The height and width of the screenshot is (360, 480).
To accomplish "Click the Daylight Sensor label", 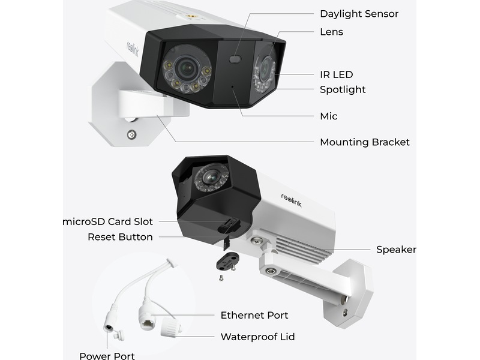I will click(359, 14).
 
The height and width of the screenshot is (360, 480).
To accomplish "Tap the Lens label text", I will click(331, 32).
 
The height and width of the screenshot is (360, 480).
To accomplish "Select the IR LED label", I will click(337, 75).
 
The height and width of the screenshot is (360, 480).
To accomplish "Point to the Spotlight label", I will click(343, 90).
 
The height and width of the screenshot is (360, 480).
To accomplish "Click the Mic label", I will click(329, 116).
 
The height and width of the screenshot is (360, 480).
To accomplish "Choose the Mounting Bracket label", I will click(365, 142).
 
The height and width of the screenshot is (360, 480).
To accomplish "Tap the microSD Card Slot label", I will click(109, 222).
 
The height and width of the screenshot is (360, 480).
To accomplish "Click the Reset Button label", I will click(120, 237).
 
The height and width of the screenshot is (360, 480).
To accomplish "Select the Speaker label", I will click(396, 250).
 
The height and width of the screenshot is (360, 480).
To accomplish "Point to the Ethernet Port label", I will click(254, 316).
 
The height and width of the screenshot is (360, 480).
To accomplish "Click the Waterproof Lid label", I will click(257, 337).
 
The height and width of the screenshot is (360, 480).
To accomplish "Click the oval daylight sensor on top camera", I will click(235, 59).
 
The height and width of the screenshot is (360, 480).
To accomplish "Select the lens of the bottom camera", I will click(209, 176).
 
